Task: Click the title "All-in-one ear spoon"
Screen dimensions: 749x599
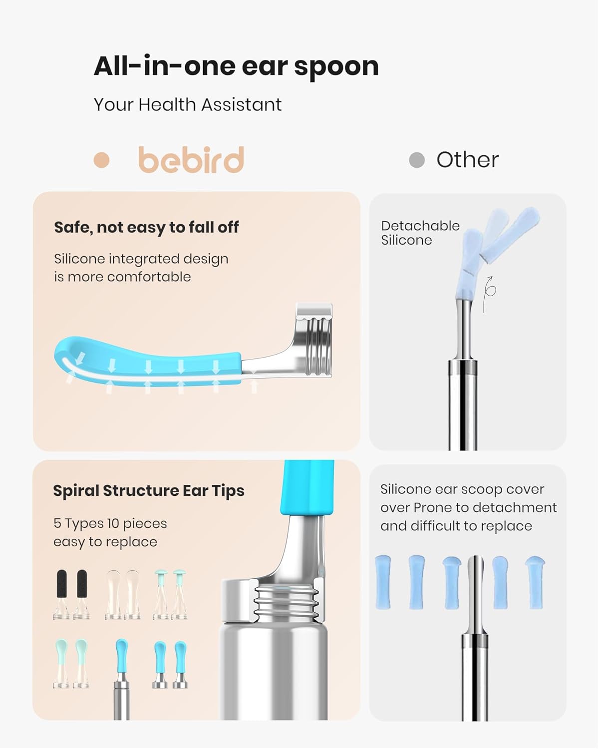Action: (236, 66)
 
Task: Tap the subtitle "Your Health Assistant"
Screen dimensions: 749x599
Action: (187, 105)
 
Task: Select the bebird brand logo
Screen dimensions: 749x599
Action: (191, 160)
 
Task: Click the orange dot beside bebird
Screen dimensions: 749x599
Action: (101, 160)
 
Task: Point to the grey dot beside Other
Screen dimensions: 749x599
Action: (416, 160)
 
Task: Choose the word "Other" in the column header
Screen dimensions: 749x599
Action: (467, 160)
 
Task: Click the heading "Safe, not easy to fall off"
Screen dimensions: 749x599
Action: (146, 228)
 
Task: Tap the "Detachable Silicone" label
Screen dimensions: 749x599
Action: (419, 233)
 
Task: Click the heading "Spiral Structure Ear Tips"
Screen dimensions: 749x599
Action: (149, 491)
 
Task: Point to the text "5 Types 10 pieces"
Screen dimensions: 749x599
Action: (110, 523)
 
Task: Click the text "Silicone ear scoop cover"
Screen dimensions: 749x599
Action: (462, 489)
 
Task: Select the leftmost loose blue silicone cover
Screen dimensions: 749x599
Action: (383, 582)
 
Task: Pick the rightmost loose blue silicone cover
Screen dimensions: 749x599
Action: (535, 582)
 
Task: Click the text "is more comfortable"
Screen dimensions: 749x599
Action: (122, 277)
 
